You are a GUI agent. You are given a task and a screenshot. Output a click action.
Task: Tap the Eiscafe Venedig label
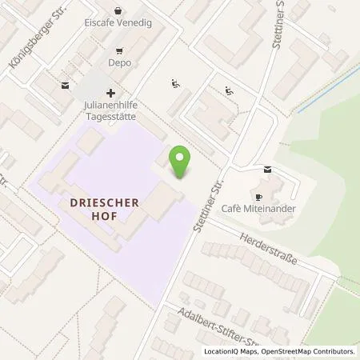pos(118,23)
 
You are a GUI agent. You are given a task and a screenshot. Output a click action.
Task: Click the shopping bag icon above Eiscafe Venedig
pos(118,11)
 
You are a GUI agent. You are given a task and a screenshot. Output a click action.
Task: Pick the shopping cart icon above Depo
pos(119,49)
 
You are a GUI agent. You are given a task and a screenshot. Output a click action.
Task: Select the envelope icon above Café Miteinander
pos(267,169)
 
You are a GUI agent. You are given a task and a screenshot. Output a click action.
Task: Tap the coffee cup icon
pos(258,197)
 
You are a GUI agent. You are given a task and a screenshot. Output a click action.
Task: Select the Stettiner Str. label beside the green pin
pos(207,204)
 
